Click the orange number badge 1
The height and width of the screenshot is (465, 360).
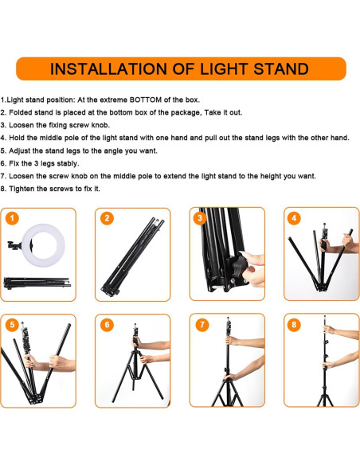[x=12, y=217]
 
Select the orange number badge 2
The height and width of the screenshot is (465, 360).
[x=107, y=217]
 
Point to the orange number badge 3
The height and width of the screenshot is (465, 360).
[x=201, y=217]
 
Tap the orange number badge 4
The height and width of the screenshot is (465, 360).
[x=295, y=217]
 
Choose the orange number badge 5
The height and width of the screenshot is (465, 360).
[x=12, y=324]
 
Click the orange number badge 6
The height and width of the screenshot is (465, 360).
[x=107, y=324]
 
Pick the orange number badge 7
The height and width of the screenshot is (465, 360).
[x=201, y=324]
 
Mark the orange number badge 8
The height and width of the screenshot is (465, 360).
[x=295, y=324]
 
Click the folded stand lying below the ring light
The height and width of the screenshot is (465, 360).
[x=38, y=282]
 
